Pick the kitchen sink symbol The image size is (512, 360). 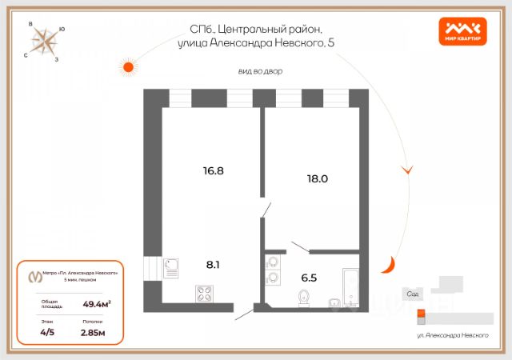pyautogui.click(x=172, y=266)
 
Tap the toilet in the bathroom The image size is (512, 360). pyautogui.click(x=303, y=298)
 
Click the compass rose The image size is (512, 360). pyautogui.click(x=46, y=41)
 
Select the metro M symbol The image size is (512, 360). pyautogui.click(x=34, y=276)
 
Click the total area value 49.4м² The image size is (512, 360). pyautogui.click(x=97, y=304)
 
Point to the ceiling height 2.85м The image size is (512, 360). pyautogui.click(x=94, y=331)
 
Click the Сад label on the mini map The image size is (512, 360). pyautogui.click(x=413, y=294)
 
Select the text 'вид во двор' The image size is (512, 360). pyautogui.click(x=260, y=71)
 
